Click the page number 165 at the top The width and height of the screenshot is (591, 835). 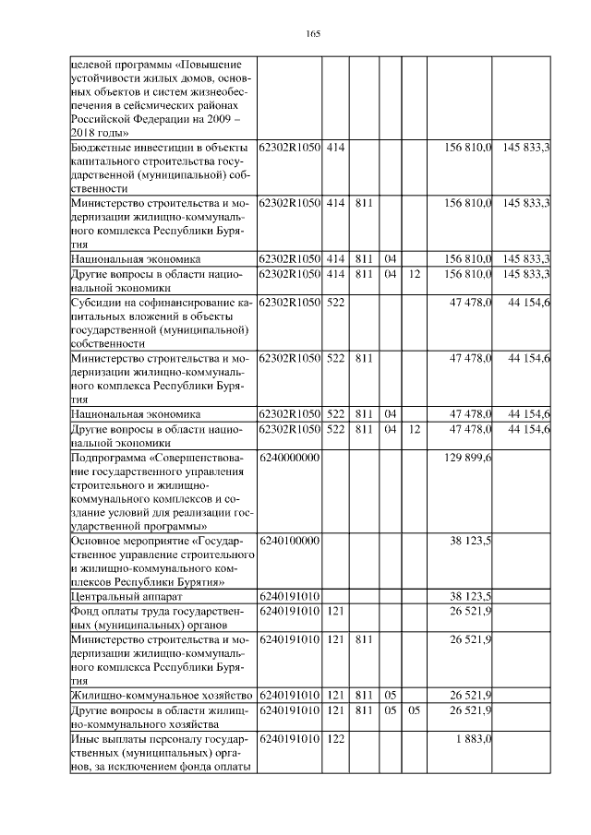(x=312, y=34)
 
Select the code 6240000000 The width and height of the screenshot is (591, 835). (x=289, y=458)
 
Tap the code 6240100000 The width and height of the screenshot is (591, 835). (x=289, y=542)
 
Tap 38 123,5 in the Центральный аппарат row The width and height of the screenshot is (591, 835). (x=470, y=597)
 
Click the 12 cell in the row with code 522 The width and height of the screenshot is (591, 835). (x=415, y=429)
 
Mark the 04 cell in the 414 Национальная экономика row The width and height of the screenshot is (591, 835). (x=390, y=258)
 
